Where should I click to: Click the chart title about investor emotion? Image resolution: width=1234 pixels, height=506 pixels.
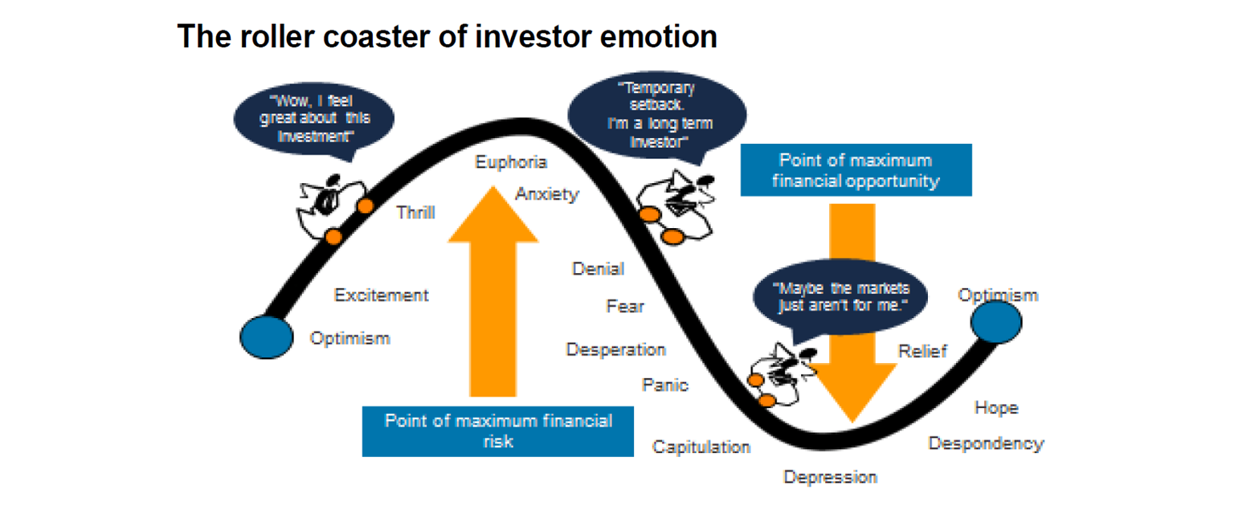(x=447, y=36)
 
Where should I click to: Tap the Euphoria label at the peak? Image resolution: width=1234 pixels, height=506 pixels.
(x=511, y=162)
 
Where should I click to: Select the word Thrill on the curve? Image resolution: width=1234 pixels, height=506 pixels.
(x=416, y=213)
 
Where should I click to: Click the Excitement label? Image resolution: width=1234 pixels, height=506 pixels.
(x=381, y=296)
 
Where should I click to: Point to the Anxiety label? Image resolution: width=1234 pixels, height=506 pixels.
(x=546, y=194)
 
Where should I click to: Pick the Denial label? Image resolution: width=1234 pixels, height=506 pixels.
(x=598, y=269)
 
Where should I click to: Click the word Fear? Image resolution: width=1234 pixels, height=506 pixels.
(x=625, y=306)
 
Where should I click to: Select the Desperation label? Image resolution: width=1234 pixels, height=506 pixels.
(x=615, y=350)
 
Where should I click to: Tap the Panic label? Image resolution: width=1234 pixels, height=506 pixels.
(x=664, y=386)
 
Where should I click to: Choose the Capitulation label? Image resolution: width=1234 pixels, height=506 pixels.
(x=701, y=447)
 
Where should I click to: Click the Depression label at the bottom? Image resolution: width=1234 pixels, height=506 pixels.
(x=830, y=478)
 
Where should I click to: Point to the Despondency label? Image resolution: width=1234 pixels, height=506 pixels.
(x=986, y=443)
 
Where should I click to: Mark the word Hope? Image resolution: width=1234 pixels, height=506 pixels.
(x=996, y=408)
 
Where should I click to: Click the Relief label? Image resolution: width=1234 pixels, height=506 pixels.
(x=922, y=352)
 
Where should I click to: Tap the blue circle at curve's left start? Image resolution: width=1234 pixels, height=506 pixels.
(x=267, y=336)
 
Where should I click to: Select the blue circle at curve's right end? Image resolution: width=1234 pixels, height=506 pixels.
(x=995, y=321)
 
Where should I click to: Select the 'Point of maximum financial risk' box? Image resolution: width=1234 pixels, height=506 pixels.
(x=497, y=431)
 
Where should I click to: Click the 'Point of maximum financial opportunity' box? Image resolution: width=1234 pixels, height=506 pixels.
(x=856, y=170)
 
